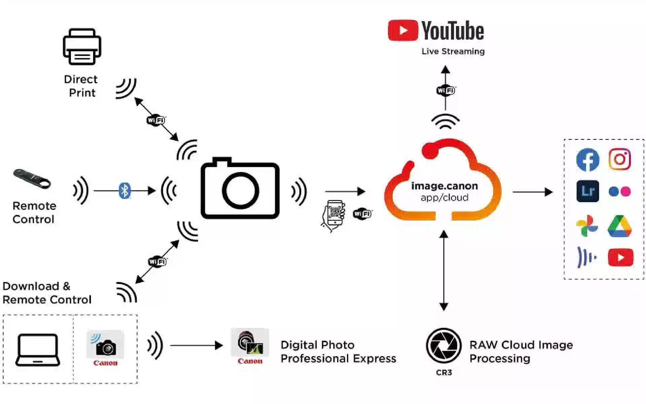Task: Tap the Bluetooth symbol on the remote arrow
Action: tap(125, 191)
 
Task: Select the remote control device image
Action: tap(32, 179)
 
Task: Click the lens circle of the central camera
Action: tap(240, 191)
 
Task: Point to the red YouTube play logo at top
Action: tap(403, 30)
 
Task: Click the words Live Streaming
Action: tap(453, 52)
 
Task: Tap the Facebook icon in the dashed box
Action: tap(587, 160)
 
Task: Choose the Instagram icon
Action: tap(619, 159)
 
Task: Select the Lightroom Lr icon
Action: tap(587, 191)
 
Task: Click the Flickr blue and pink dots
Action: tap(619, 192)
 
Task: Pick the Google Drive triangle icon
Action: tap(619, 226)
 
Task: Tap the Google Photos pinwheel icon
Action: tap(587, 226)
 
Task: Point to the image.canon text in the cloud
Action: tap(444, 186)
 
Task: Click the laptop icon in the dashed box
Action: tap(38, 350)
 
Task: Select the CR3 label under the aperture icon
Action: tap(444, 373)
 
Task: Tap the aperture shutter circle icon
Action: tap(443, 346)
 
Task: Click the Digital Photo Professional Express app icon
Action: tap(250, 343)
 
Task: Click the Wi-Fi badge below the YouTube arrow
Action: tap(445, 91)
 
